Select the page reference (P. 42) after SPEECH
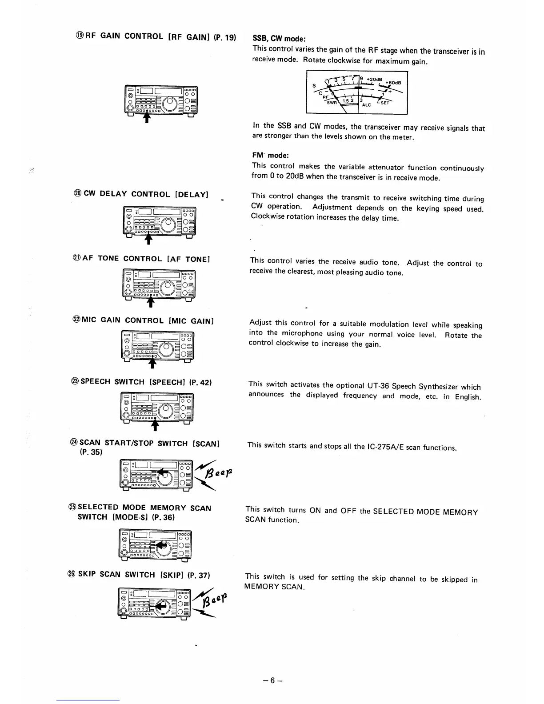200,382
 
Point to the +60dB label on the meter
393,82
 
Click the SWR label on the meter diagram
332,103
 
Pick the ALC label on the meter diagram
367,105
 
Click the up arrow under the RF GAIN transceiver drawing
147,117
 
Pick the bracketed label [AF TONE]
188,259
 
